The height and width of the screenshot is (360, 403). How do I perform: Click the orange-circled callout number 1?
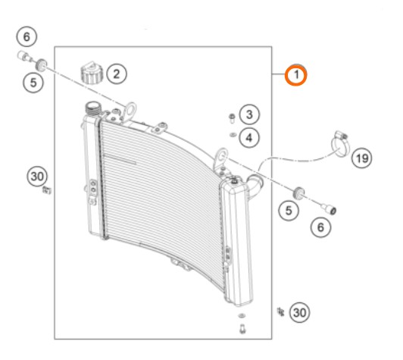click(x=296, y=75)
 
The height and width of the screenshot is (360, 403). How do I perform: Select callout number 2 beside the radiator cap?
click(x=117, y=74)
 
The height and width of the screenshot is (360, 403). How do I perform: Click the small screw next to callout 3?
click(x=232, y=117)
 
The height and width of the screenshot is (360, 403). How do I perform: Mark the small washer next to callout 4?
click(x=233, y=134)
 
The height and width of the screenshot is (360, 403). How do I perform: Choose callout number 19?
click(x=361, y=158)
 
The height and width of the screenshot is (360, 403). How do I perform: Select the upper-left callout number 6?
click(x=27, y=37)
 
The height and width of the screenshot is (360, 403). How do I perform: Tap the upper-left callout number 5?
click(x=33, y=83)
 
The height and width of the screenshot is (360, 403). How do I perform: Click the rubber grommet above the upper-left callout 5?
click(x=41, y=65)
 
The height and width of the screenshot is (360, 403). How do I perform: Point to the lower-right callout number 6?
click(x=320, y=227)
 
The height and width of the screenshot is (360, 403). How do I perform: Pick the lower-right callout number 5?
click(x=289, y=211)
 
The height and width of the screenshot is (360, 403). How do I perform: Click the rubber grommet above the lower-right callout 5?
click(x=298, y=193)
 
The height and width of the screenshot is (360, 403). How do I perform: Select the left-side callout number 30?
click(x=38, y=177)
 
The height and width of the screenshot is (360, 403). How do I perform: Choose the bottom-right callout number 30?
click(x=299, y=313)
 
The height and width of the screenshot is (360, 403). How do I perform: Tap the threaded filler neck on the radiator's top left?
click(x=92, y=108)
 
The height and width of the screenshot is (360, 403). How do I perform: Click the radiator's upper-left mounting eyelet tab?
click(x=130, y=111)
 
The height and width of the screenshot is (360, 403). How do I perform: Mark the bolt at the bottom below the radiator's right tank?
click(x=242, y=329)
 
